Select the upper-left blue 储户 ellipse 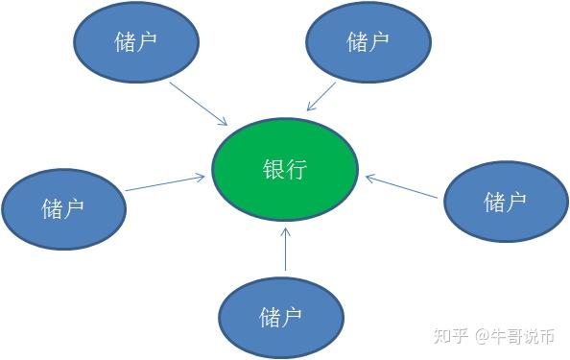(x=136, y=41)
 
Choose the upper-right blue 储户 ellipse (x=368, y=42)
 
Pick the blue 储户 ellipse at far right (x=506, y=202)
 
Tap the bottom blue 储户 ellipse (x=280, y=317)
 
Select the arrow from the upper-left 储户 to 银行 (x=199, y=103)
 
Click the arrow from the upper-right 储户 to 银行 (x=321, y=96)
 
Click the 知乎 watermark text (x=450, y=336)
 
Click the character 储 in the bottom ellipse (x=270, y=317)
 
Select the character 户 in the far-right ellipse (x=517, y=202)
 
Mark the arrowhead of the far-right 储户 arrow (x=369, y=176)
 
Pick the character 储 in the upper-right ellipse (x=357, y=42)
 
